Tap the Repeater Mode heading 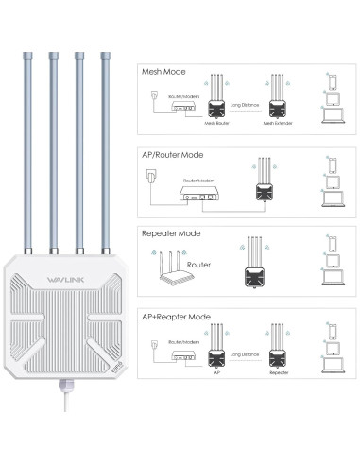click(176, 232)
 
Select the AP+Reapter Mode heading click(181, 314)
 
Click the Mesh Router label click(216, 122)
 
